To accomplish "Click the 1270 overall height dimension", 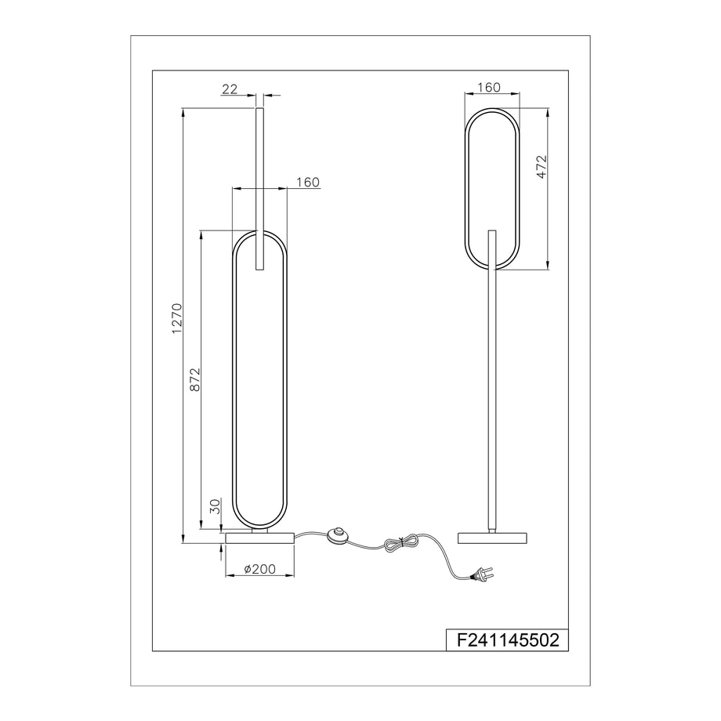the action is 177,318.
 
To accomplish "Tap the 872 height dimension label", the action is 195,379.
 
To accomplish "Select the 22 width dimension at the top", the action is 230,89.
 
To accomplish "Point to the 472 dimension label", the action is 542,166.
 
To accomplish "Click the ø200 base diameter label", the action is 260,569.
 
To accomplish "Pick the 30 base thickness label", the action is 216,506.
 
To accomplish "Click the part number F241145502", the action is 508,640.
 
